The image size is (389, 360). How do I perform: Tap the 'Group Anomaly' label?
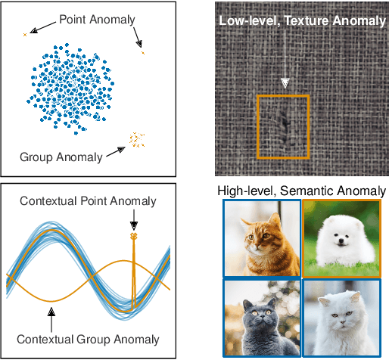coord(61,157)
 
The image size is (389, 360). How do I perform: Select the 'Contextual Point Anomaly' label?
coord(88,200)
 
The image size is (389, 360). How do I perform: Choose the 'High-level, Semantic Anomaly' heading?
coord(301,191)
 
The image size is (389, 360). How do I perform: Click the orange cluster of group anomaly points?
coord(136,139)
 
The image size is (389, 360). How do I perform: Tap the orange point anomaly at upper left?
coord(25,34)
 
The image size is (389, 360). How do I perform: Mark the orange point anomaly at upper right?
coord(143,52)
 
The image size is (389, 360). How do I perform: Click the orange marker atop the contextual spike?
coord(134,237)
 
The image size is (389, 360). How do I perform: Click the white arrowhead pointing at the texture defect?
coord(285,82)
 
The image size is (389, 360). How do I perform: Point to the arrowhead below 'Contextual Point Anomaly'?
coord(134,224)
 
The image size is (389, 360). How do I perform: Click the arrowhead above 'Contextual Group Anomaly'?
coord(51,309)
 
